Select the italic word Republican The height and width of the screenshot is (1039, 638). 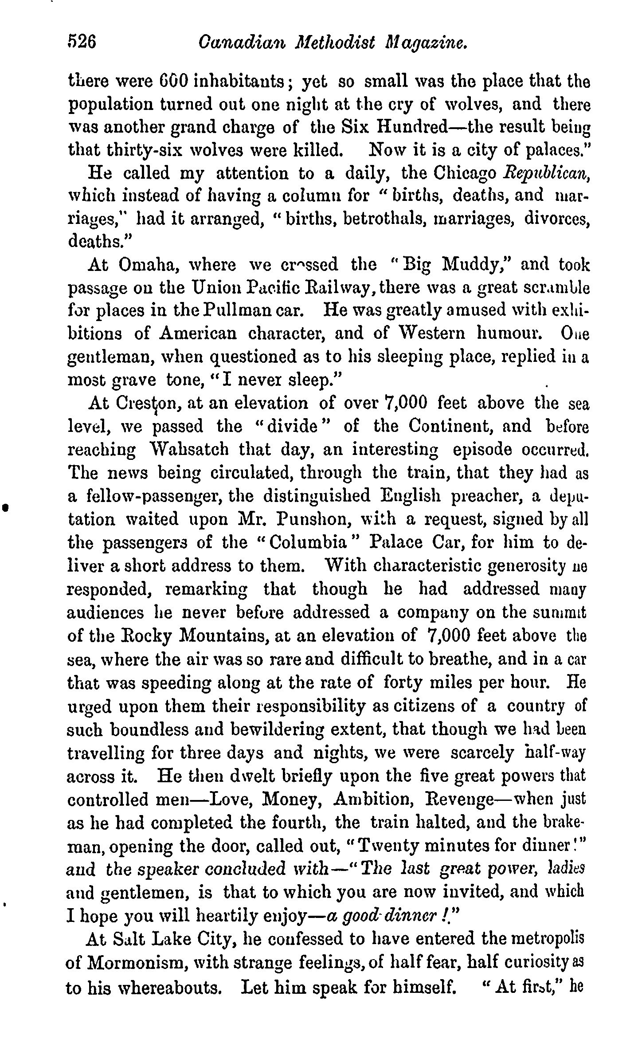click(548, 172)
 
